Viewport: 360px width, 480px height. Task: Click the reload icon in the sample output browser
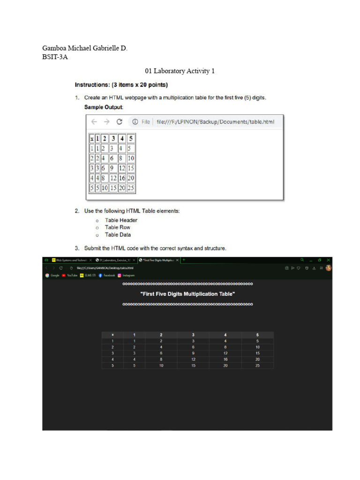tap(119, 122)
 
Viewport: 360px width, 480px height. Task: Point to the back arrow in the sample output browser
tap(94, 122)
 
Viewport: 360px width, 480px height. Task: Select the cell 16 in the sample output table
tap(122, 178)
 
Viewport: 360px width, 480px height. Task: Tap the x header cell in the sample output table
tap(92, 138)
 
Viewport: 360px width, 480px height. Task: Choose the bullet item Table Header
tap(121, 220)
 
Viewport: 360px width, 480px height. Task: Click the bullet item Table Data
tap(118, 234)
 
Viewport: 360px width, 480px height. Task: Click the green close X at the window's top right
tap(328, 260)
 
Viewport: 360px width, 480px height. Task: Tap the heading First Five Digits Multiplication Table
tap(187, 294)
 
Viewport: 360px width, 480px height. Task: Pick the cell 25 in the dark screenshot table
tap(257, 365)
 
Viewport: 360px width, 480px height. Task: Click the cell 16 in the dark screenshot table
tap(225, 359)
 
